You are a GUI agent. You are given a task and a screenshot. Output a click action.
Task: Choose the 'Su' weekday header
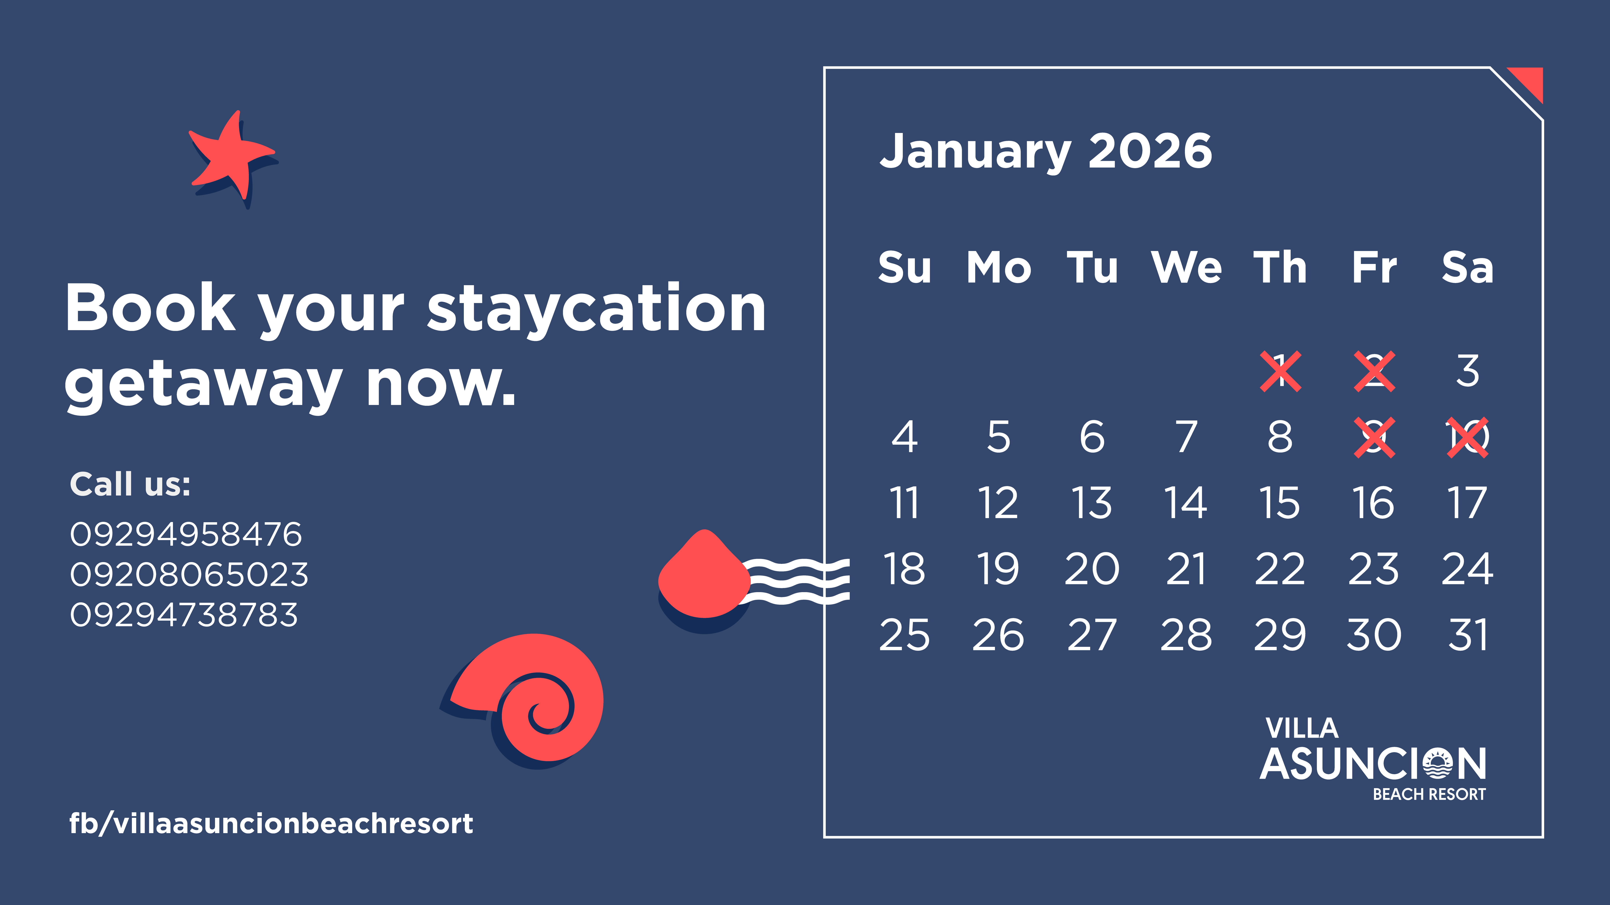[x=904, y=267]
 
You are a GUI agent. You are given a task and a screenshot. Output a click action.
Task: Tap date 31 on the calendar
[x=1468, y=635]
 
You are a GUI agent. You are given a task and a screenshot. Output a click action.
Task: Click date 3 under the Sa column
[x=1468, y=371]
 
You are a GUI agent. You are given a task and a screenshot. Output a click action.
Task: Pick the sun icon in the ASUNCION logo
[x=1437, y=763]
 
